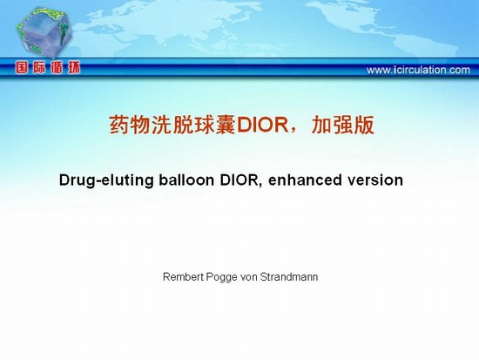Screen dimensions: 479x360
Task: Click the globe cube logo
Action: (44, 33)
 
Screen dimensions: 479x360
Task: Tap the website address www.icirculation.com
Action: (418, 70)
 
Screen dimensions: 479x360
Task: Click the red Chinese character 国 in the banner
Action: (22, 68)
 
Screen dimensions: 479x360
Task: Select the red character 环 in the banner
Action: (74, 68)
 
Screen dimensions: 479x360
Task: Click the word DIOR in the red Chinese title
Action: (262, 125)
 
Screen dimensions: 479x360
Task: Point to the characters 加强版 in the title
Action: (343, 126)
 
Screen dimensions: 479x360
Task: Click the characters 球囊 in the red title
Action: (215, 126)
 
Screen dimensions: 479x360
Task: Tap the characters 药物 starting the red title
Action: (131, 126)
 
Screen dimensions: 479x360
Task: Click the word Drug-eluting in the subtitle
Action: (106, 180)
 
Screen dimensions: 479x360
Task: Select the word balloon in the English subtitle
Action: (186, 180)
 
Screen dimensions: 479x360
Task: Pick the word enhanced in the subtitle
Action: (305, 180)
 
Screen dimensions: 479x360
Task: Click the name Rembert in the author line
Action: (183, 277)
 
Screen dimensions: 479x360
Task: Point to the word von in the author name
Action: (249, 277)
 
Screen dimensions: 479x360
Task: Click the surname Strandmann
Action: (289, 277)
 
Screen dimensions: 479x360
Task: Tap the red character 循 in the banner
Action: (57, 68)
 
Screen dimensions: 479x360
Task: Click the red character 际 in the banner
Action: (39, 68)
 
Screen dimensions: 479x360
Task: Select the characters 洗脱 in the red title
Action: (172, 126)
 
